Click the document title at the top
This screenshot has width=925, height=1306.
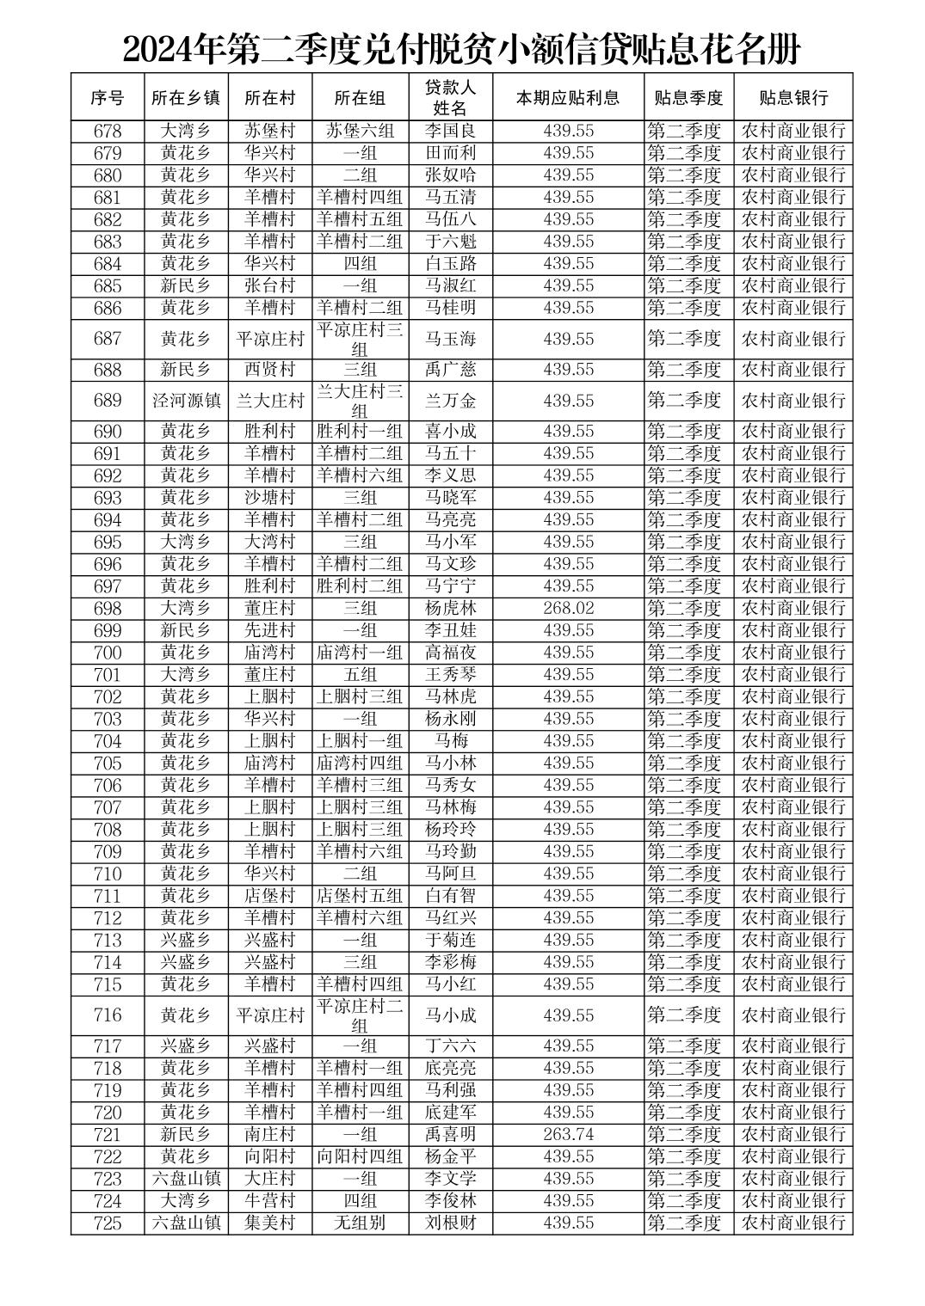point(461,50)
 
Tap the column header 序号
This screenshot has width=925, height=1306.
point(108,97)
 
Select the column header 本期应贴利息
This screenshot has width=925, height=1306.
point(568,97)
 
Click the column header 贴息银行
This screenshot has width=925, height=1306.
point(792,97)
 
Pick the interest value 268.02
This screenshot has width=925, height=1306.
point(568,608)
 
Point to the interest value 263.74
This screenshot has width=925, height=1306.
point(568,1134)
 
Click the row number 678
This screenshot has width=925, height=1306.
point(108,131)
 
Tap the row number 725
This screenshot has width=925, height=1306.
point(108,1223)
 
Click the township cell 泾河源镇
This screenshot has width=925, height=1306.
point(186,401)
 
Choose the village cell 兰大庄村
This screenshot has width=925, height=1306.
point(270,401)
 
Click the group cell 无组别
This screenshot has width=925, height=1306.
point(360,1223)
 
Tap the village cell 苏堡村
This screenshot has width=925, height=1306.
point(270,131)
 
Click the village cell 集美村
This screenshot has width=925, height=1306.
point(270,1223)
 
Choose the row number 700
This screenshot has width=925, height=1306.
point(108,653)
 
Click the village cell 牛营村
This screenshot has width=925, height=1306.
point(270,1200)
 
